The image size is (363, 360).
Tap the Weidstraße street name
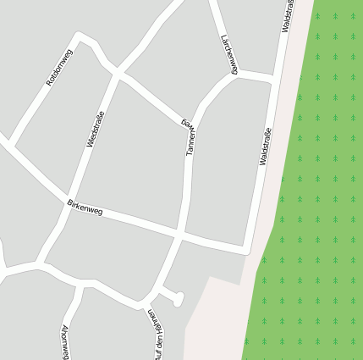(x=96, y=128)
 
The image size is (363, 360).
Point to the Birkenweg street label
(x=85, y=207)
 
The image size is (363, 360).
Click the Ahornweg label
(x=65, y=340)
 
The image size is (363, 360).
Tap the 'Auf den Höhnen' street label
(x=160, y=333)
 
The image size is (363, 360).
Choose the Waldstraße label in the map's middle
(x=265, y=146)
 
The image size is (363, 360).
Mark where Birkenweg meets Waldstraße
(x=246, y=250)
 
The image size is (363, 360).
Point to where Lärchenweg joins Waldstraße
(x=274, y=79)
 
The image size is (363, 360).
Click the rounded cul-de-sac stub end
(x=179, y=297)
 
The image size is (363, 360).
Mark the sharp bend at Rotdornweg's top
(x=80, y=37)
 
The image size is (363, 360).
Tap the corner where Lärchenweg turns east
(x=235, y=74)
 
